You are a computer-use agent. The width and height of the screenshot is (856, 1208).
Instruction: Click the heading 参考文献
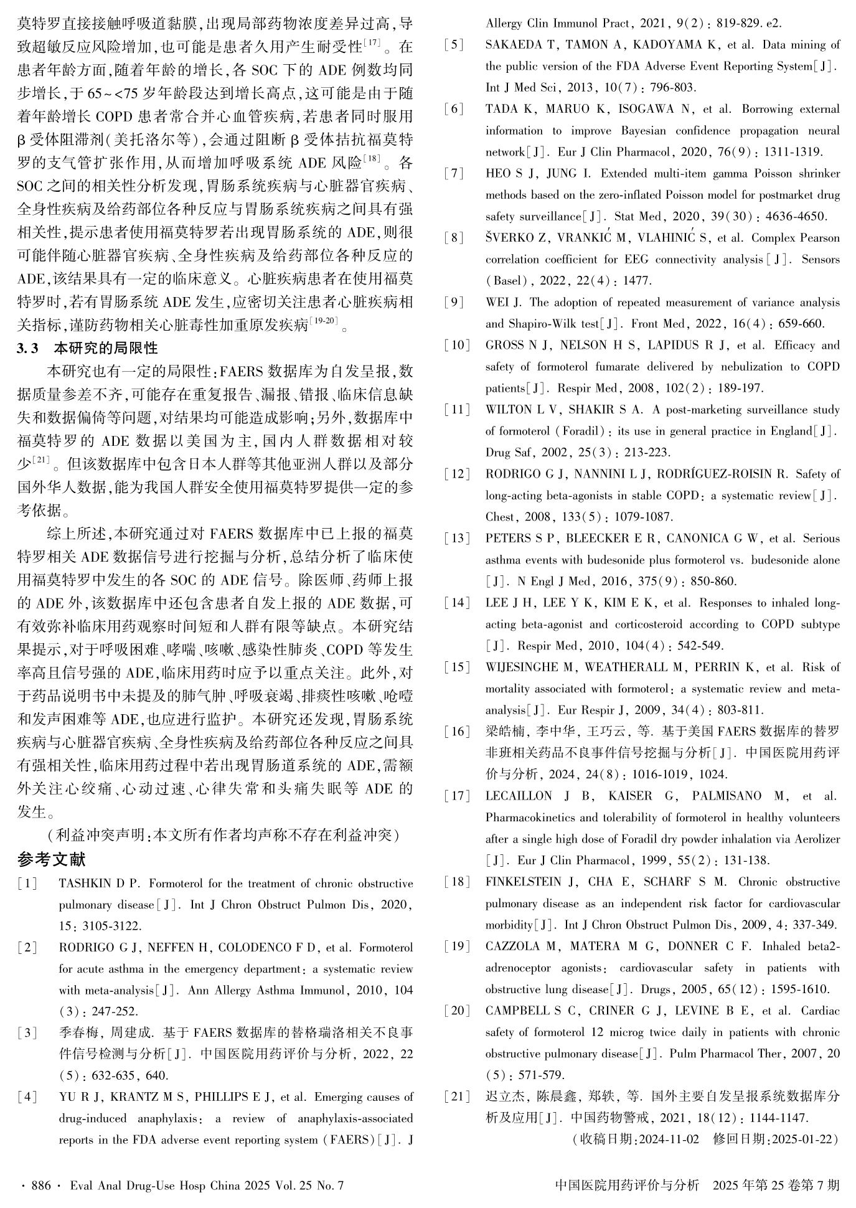tap(52, 860)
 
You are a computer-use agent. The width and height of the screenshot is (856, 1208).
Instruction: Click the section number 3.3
tap(27, 348)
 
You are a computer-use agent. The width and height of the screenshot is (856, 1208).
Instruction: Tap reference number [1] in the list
tap(27, 884)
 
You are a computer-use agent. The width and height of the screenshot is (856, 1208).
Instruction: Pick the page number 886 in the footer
tap(41, 1186)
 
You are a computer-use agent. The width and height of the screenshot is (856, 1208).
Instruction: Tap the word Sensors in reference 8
tap(821, 259)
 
